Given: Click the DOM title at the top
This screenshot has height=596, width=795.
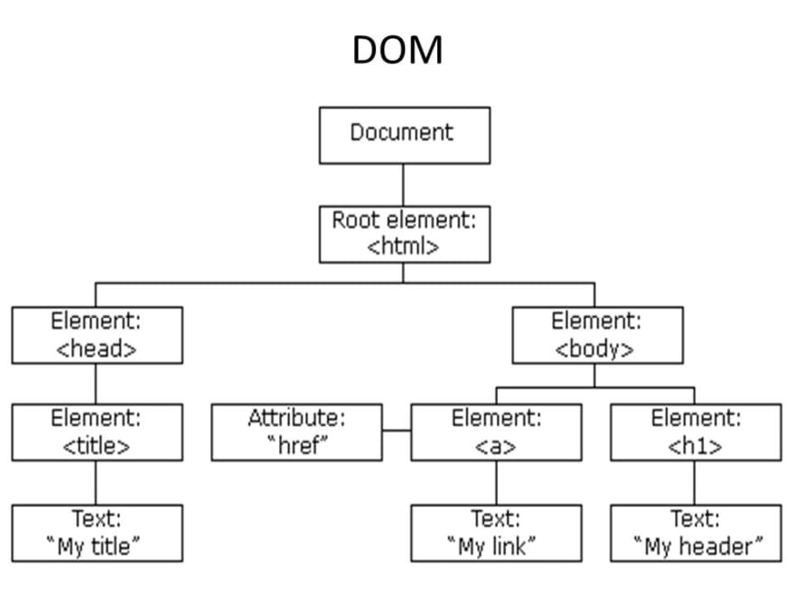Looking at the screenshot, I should click(x=397, y=50).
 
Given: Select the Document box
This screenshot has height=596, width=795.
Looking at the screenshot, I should click(x=404, y=135).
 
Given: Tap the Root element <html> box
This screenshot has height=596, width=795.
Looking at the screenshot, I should click(x=404, y=234).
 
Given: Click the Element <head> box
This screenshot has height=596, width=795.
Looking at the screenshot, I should click(x=97, y=335).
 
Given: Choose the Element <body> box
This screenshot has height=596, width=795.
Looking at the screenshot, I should click(x=597, y=335).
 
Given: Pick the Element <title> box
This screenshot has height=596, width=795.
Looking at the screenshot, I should click(x=97, y=432).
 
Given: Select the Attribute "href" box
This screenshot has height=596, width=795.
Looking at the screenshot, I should click(x=296, y=432).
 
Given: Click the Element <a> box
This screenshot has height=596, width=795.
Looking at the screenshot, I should click(x=496, y=432).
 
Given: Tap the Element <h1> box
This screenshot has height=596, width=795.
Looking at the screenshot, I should click(x=696, y=432).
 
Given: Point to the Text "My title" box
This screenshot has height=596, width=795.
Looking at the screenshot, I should click(x=97, y=533).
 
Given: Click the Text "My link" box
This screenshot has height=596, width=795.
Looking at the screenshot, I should click(x=496, y=533).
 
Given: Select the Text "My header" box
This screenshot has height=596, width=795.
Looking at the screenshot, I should click(x=696, y=533).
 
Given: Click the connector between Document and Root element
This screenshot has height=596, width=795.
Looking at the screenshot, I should click(x=404, y=185).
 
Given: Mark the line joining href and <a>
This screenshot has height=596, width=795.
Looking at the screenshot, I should click(x=397, y=432).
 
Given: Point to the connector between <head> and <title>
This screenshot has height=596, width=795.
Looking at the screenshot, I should click(x=97, y=384).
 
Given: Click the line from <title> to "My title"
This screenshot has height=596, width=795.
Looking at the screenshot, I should click(x=97, y=482).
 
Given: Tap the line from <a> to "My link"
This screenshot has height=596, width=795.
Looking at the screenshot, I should click(x=496, y=482).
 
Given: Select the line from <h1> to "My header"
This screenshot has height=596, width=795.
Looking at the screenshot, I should click(x=696, y=482).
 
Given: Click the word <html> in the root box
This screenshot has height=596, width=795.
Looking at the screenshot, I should click(x=404, y=247).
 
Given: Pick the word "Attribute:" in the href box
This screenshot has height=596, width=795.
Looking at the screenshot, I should click(x=296, y=419).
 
